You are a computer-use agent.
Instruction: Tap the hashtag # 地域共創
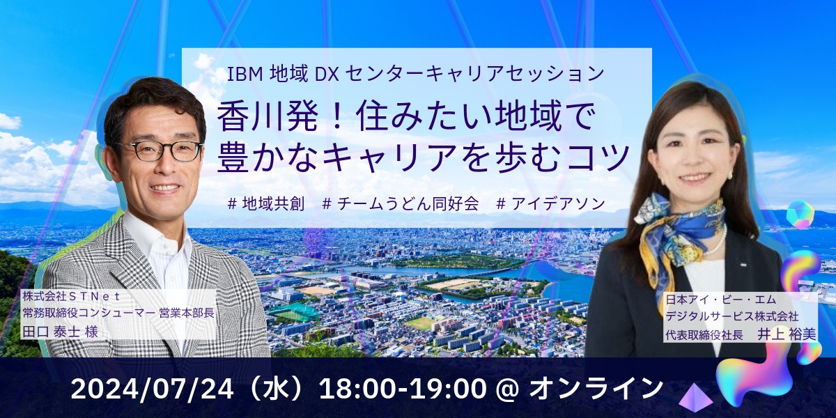pos(266,203)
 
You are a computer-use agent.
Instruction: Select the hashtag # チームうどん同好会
pos(400,203)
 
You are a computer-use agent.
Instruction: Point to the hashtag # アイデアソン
pos(551,203)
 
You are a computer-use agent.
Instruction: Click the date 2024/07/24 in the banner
pos(153,389)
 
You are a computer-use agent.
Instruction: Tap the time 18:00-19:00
pos(403,389)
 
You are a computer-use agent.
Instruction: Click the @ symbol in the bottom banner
pos(508,389)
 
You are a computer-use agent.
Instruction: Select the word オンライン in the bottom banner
pos(596,388)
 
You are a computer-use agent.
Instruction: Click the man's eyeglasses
pos(160,150)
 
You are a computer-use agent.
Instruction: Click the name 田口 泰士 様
pos(61,332)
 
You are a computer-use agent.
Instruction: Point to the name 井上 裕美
pos(787,334)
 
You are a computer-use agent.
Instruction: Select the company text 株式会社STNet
pos(71,297)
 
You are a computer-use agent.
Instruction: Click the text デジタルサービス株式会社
pos(732,316)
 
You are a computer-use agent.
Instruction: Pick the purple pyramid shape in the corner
pos(695,396)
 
